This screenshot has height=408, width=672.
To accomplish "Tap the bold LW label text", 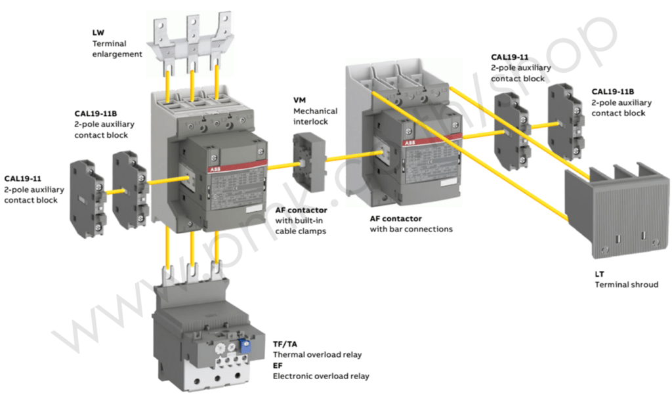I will [x=98, y=32].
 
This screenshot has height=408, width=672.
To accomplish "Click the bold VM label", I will [x=300, y=100].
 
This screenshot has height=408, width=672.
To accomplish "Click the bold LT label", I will [x=600, y=274].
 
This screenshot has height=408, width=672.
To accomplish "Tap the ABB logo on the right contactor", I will [x=409, y=141].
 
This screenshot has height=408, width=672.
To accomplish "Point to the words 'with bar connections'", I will [x=411, y=230].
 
